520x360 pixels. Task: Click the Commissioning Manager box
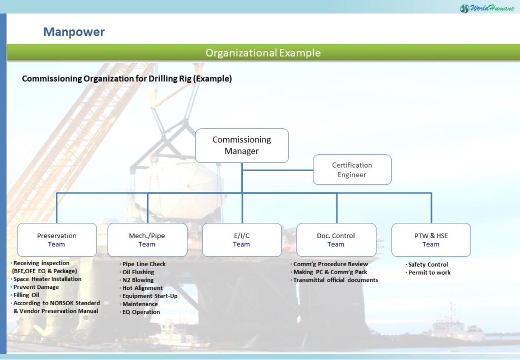coord(242,146)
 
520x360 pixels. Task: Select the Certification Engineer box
coord(352,170)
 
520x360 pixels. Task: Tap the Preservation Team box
coord(57,240)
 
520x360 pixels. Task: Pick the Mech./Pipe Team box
coord(147,240)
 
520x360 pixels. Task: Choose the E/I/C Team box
coord(242,240)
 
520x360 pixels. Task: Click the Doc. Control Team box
coord(336,240)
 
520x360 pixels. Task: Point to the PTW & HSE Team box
coord(431,240)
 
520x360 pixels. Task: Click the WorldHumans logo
coord(487,8)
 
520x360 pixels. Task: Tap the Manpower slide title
coord(74,32)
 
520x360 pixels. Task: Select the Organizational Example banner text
coord(263,53)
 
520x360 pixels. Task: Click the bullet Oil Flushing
coord(137,272)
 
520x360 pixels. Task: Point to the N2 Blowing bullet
coord(136,280)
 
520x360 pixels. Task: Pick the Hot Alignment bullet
coord(141,288)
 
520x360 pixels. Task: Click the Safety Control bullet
coord(427,265)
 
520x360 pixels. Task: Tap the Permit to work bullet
coord(428,273)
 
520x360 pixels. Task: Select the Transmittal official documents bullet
coord(334,280)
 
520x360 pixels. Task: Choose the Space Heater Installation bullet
coord(46,279)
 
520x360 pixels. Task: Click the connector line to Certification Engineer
coord(278,170)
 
